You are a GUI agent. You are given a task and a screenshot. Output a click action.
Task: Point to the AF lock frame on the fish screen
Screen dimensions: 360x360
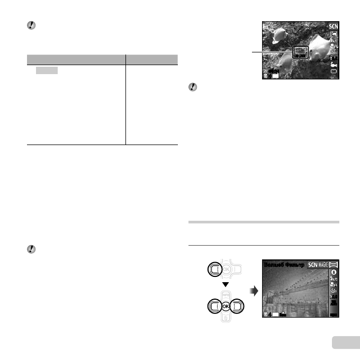point(300,51)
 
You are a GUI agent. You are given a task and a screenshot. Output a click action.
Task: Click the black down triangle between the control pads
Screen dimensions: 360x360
point(224,286)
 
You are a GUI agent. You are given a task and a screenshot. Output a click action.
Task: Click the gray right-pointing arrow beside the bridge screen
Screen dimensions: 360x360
point(255,290)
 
